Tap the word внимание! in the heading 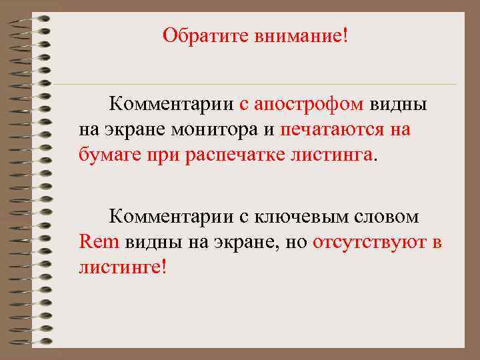301,34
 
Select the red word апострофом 308,105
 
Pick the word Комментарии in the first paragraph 172,105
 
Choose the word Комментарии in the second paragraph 172,217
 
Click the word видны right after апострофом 398,105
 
